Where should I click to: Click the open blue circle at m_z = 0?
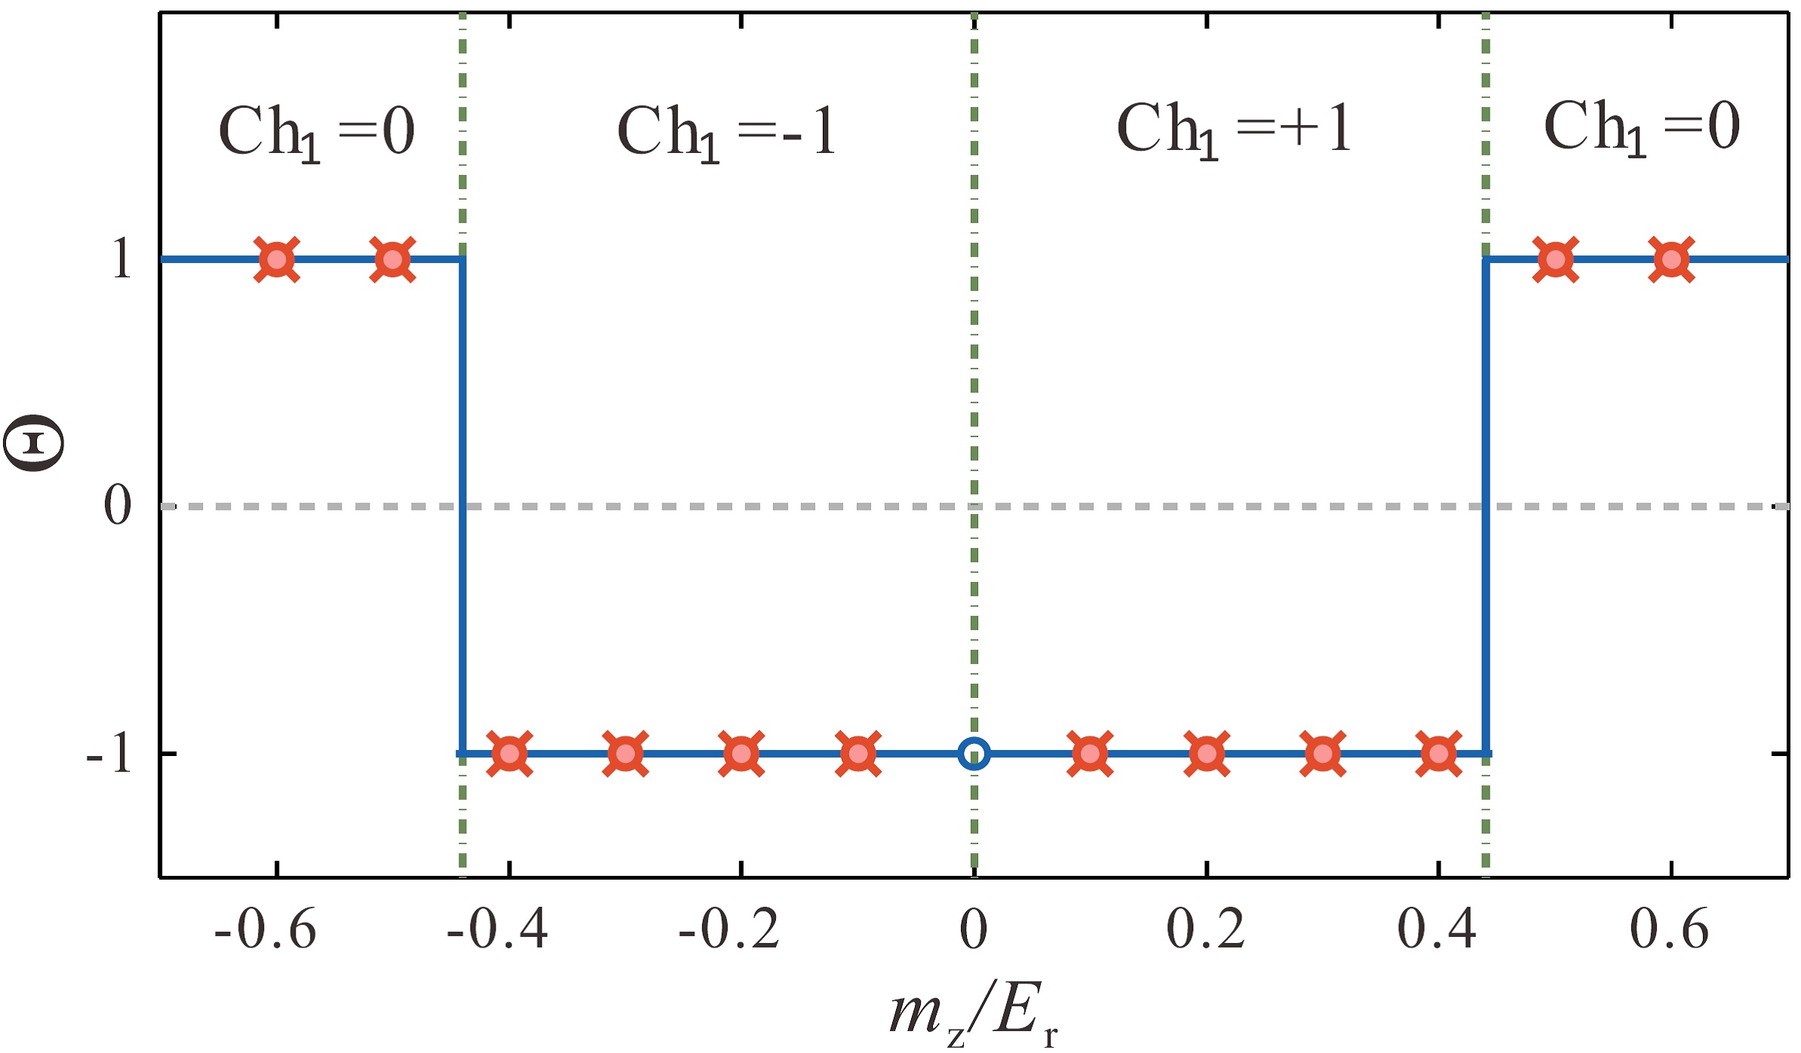(974, 753)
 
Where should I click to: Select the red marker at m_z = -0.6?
(277, 259)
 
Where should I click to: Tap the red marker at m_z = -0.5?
(392, 259)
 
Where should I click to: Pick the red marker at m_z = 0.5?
(1555, 259)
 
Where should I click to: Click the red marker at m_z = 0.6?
(1671, 259)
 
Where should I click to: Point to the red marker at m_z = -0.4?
(509, 753)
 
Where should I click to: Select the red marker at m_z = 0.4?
(1438, 753)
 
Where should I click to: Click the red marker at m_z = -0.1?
(858, 753)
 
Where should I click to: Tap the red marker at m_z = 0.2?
(1207, 753)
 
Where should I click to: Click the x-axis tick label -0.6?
(265, 929)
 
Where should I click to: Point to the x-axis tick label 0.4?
(1437, 929)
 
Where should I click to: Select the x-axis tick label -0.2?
(729, 929)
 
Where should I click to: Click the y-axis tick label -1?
(109, 752)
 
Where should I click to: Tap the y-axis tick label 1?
(121, 259)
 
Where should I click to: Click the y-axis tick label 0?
(118, 505)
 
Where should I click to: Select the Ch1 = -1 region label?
(726, 132)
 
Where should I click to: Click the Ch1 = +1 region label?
(1234, 130)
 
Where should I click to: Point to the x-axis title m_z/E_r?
(973, 1014)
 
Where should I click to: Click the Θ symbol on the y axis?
(33, 443)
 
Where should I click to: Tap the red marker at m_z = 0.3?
(1323, 753)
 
